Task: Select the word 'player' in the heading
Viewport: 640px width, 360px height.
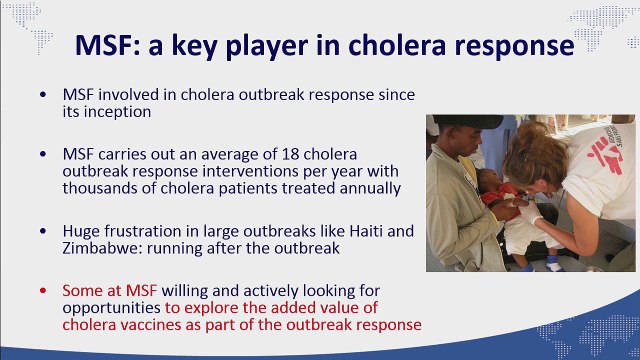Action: pos(298,47)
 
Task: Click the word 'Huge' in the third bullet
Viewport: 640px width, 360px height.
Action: pos(81,231)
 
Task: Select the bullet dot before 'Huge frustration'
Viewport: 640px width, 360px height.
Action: pos(42,231)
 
